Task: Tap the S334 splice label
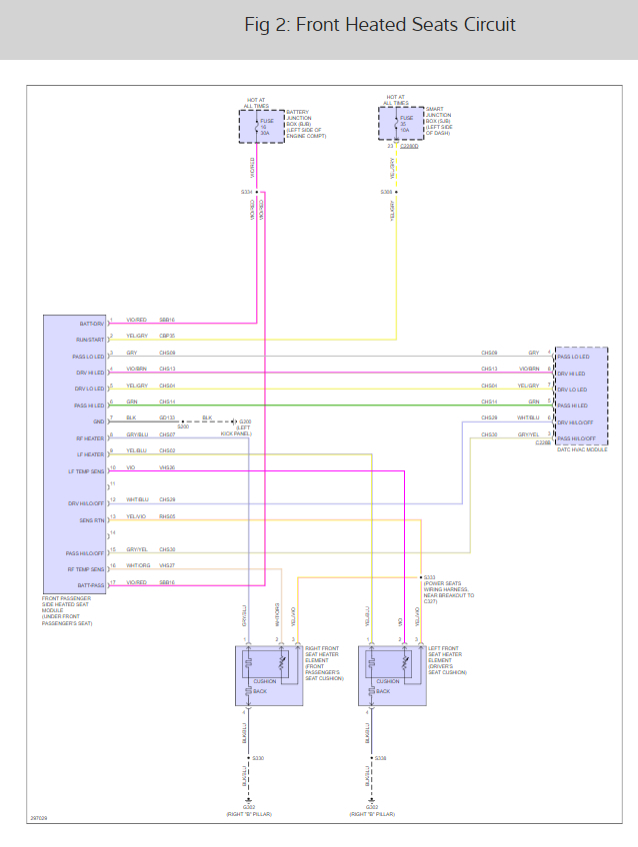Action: [246, 192]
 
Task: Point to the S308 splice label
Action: [386, 192]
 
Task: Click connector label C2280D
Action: [409, 146]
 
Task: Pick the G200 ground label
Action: [245, 422]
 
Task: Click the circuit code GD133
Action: [166, 418]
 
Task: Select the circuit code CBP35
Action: [166, 336]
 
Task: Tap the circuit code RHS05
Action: [166, 516]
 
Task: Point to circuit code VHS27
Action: [166, 565]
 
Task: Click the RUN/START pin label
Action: [90, 340]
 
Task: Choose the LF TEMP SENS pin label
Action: [86, 471]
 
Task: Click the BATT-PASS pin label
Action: [90, 585]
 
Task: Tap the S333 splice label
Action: [429, 577]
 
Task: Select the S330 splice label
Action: [258, 758]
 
